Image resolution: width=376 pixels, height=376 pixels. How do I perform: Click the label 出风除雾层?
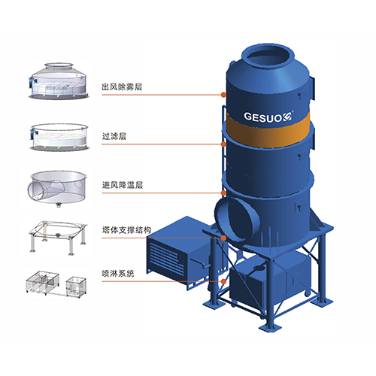[x=122, y=87]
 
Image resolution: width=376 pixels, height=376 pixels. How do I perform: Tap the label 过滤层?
[x=114, y=136]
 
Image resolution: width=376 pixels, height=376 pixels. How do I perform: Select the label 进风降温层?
[x=123, y=185]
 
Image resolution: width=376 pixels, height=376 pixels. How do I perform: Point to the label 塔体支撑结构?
[x=126, y=230]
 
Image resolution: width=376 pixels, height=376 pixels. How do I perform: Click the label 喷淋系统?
[x=118, y=273]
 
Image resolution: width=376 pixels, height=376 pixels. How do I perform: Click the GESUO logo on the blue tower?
[x=268, y=117]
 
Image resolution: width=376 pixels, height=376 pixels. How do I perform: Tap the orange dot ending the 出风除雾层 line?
[x=223, y=95]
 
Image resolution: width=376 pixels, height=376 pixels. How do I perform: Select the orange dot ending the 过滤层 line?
[x=223, y=144]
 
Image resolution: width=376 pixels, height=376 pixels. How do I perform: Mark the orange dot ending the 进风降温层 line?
[x=223, y=193]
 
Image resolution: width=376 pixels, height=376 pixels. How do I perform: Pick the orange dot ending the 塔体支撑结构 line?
[x=223, y=238]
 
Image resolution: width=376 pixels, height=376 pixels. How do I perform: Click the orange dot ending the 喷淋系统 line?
[x=223, y=281]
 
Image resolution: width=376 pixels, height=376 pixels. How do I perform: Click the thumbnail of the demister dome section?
[x=59, y=80]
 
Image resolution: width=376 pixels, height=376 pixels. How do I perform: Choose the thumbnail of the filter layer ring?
[x=59, y=137]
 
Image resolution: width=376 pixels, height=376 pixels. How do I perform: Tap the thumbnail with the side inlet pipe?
[x=58, y=189]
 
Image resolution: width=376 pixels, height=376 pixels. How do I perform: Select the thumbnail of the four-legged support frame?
[x=58, y=238]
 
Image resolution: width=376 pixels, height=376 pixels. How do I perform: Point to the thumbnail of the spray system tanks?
[x=56, y=284]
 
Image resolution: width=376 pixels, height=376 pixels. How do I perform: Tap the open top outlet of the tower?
[x=268, y=59]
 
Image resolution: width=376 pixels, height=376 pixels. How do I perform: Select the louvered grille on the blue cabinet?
[x=165, y=256]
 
